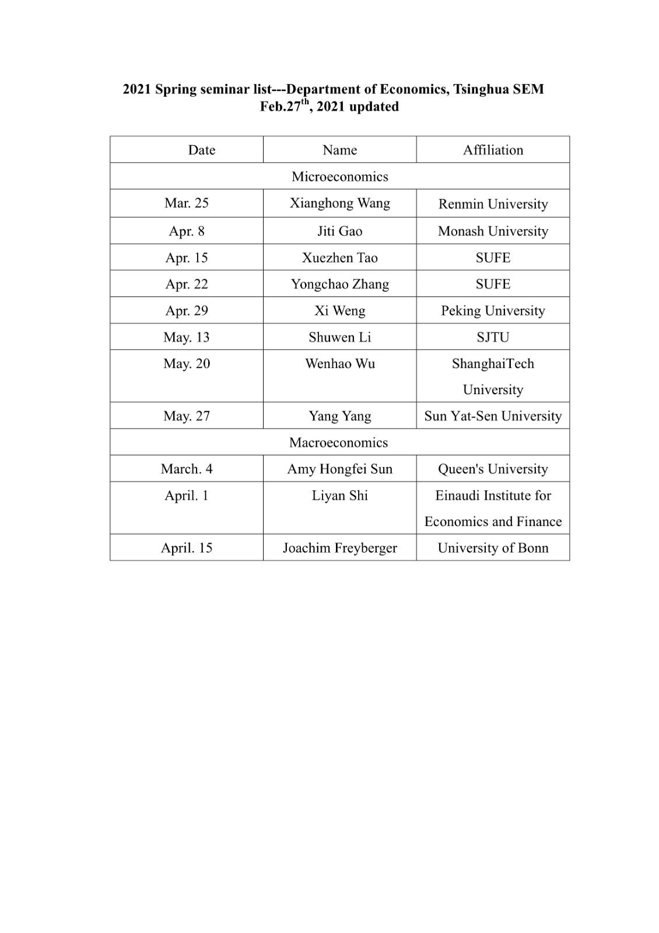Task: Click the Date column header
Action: pyautogui.click(x=201, y=150)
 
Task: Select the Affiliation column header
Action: pyautogui.click(x=493, y=150)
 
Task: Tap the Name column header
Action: pyautogui.click(x=339, y=150)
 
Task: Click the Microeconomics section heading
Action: pyautogui.click(x=339, y=176)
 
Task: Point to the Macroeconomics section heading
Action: pyautogui.click(x=338, y=442)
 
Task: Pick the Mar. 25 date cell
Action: pyautogui.click(x=187, y=203)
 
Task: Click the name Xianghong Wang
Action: pyautogui.click(x=339, y=203)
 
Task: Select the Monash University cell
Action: pyautogui.click(x=493, y=231)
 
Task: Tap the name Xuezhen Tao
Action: pyautogui.click(x=339, y=258)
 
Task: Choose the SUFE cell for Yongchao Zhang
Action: pyautogui.click(x=493, y=284)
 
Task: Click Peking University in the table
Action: pyautogui.click(x=493, y=310)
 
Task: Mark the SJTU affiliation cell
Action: pyautogui.click(x=493, y=337)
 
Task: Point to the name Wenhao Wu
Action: pyautogui.click(x=339, y=363)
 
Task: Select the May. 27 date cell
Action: pyautogui.click(x=187, y=416)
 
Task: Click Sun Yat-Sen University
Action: pyautogui.click(x=493, y=416)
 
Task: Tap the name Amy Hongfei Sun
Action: pyautogui.click(x=339, y=469)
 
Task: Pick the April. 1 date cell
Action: pyautogui.click(x=187, y=495)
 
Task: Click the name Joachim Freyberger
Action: pyautogui.click(x=339, y=548)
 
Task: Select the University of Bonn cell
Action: pyautogui.click(x=493, y=548)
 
